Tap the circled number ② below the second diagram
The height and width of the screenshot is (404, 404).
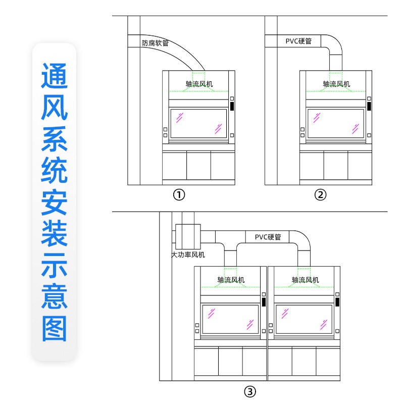click(321, 194)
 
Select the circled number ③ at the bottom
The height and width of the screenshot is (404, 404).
click(250, 391)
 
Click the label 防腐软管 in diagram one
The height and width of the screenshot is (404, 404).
click(155, 43)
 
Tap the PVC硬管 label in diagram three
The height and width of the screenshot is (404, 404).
click(268, 236)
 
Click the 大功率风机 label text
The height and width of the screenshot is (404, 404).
click(188, 255)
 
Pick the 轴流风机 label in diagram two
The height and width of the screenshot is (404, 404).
click(336, 84)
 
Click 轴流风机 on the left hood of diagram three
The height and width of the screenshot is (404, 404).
click(231, 280)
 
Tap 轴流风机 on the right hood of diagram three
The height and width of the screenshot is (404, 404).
click(305, 280)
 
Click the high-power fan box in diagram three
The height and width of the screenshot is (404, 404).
click(188, 235)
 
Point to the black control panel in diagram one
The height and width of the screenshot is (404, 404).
click(232, 106)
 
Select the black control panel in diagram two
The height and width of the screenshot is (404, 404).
click(370, 106)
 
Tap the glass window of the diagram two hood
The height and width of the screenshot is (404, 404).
click(335, 123)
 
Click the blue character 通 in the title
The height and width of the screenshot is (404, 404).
click(54, 77)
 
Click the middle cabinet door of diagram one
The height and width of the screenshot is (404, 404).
click(198, 166)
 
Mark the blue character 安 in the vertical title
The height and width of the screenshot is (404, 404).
click(54, 203)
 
